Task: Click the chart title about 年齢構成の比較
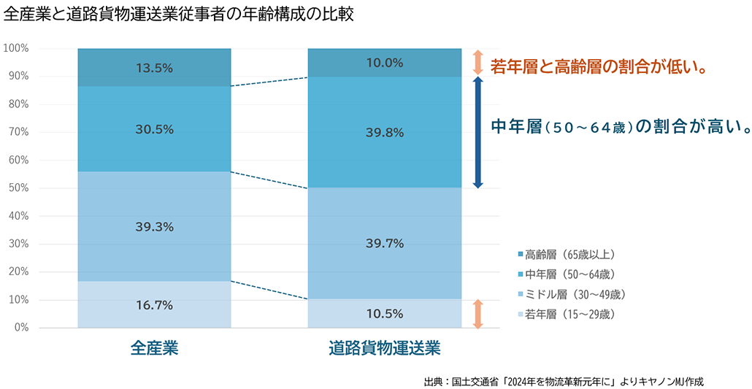(179, 15)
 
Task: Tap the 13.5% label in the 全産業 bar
(154, 68)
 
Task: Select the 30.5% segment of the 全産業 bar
(154, 129)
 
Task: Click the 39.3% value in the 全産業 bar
(154, 227)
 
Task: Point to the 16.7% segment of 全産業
(154, 305)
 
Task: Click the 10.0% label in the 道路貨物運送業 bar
(385, 63)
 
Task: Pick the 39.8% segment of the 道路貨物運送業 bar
(385, 132)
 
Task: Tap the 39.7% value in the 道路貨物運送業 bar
(385, 243)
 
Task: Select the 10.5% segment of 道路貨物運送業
(385, 314)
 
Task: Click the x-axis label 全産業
(154, 348)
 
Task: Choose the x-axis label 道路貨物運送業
(385, 348)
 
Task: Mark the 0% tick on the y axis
(21, 328)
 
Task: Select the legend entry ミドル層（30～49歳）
(575, 294)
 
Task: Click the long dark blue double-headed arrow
(477, 132)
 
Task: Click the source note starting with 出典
(563, 381)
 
